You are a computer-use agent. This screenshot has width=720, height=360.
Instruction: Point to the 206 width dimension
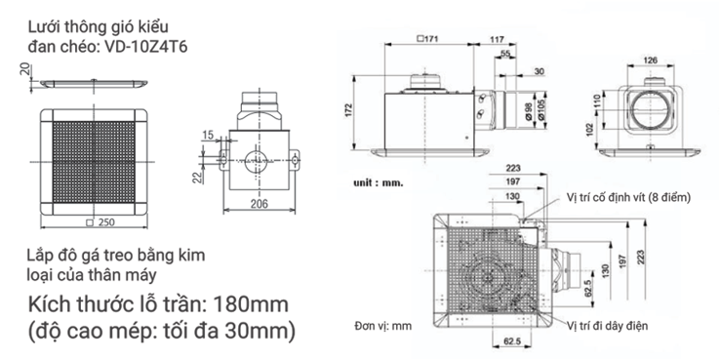259,204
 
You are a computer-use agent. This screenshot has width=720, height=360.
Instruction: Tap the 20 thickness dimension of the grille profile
26,69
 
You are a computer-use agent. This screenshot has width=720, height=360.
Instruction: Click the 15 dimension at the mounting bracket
208,135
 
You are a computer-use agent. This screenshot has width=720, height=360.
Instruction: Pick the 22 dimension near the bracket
197,178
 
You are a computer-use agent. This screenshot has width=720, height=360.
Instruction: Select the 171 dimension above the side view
427,39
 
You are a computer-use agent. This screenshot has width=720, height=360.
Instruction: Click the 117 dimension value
497,40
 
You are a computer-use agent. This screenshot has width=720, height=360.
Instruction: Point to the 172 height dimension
348,111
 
